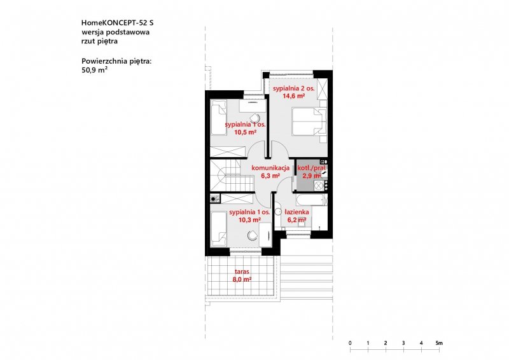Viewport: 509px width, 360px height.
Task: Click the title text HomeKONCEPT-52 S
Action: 117,23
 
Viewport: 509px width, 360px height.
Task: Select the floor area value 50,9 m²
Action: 95,70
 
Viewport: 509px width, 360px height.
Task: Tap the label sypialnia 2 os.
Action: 294,88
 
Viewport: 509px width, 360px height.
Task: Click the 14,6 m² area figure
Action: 294,96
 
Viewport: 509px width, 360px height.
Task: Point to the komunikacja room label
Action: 270,168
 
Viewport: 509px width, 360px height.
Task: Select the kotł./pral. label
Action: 312,168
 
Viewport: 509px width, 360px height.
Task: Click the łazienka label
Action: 296,212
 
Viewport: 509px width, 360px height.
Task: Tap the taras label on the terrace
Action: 242,272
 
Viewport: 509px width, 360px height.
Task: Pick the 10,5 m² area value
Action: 246,132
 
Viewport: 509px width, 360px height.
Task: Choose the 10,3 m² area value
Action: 250,220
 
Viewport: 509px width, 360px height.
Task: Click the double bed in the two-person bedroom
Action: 309,121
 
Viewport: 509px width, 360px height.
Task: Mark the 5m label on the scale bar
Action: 439,343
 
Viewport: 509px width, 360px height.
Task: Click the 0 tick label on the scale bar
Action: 350,343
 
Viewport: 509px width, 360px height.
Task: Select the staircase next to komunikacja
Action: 232,176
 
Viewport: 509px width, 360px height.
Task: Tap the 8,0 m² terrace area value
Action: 242,279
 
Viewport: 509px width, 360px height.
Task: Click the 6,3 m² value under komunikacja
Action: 270,176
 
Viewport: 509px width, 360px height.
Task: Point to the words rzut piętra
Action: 99,41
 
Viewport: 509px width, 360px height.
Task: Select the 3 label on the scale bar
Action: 403,343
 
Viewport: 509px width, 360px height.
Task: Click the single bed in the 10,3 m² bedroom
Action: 219,229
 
